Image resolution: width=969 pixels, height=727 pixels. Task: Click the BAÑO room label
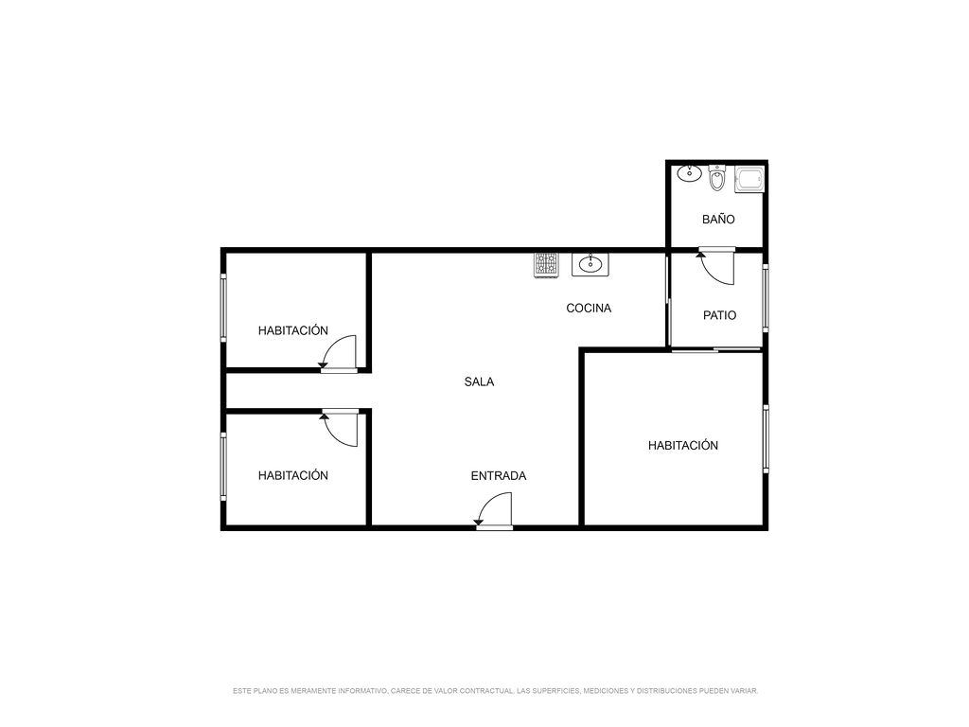tap(718, 220)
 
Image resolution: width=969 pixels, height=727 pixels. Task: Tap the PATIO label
tap(719, 315)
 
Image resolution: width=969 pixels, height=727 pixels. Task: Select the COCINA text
tap(589, 308)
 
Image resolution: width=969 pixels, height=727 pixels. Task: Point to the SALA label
tap(479, 382)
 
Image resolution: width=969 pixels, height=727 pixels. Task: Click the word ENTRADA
tap(498, 476)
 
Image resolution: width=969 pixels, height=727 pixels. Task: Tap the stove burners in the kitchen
tap(546, 265)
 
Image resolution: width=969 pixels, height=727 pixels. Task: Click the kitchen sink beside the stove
tap(590, 264)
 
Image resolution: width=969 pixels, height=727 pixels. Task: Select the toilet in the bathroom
tap(717, 178)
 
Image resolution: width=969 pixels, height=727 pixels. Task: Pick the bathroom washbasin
tap(689, 173)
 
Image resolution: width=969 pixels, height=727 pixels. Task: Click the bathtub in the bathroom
tap(749, 179)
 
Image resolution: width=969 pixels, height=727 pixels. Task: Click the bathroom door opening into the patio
tap(717, 266)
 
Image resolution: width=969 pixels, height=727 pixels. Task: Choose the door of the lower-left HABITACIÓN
tap(340, 428)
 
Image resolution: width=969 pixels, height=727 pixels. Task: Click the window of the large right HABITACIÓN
tap(766, 439)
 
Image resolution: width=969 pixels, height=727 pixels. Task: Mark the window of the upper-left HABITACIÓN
tap(223, 308)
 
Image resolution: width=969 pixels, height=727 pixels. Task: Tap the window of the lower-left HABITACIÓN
tap(223, 466)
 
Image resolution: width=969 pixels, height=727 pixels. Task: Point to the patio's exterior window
tap(766, 298)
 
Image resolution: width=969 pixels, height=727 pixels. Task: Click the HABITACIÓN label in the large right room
tap(683, 445)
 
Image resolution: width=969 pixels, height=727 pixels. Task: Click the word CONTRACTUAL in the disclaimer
tap(485, 690)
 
